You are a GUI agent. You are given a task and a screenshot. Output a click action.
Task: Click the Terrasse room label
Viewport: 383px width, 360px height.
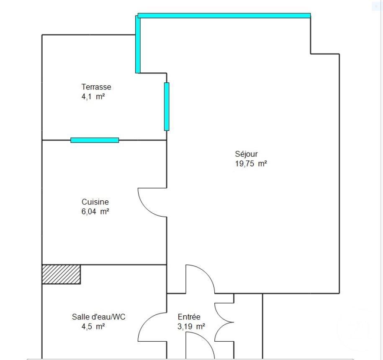96,87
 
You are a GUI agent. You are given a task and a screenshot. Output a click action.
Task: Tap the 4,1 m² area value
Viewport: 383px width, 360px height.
93,97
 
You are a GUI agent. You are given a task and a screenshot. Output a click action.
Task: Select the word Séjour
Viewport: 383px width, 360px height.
246,154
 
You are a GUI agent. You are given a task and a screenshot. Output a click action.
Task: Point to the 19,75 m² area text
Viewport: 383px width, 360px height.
251,163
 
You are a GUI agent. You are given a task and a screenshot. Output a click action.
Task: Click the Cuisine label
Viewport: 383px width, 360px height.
95,202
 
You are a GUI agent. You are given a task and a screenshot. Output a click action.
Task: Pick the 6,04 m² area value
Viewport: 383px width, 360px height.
95,212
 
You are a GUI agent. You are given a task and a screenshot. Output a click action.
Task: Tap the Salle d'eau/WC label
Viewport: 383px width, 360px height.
98,317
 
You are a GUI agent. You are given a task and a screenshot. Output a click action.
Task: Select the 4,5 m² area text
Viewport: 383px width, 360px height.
93,327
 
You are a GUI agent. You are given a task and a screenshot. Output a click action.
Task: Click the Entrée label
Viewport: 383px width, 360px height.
189,317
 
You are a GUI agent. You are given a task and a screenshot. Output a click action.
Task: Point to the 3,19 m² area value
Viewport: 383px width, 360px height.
191,327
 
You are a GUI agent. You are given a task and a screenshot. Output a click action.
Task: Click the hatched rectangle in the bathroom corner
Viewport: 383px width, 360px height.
61,274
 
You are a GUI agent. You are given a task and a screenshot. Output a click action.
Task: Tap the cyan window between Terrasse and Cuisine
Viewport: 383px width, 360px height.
95,140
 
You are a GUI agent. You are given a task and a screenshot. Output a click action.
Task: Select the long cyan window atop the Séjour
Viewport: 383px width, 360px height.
224,16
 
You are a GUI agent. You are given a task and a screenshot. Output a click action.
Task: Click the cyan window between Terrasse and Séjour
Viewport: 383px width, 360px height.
167,107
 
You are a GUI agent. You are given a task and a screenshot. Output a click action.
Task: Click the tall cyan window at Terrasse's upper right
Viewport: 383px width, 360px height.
138,44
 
